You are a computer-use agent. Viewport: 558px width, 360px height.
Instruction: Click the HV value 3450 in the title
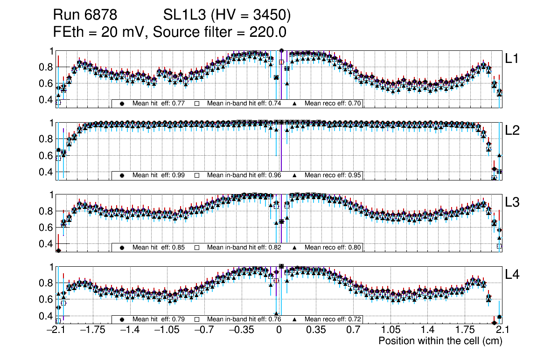click(x=272, y=15)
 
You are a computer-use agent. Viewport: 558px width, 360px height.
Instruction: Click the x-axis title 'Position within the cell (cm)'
click(x=440, y=341)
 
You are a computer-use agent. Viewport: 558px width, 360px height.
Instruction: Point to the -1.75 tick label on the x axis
click(x=93, y=330)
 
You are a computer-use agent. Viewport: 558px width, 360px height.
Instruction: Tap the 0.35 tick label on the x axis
click(x=315, y=330)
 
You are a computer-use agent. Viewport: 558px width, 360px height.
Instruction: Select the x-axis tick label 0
click(x=279, y=330)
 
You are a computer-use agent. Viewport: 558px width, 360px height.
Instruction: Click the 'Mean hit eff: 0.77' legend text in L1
click(x=159, y=103)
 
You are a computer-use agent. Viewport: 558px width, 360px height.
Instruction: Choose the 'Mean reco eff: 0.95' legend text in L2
click(x=333, y=175)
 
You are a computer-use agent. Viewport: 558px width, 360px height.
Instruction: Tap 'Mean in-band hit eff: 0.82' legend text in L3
click(x=244, y=247)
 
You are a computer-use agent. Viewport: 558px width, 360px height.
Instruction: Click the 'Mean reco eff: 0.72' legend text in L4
click(x=333, y=319)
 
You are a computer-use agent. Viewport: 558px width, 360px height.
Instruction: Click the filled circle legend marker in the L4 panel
click(x=122, y=319)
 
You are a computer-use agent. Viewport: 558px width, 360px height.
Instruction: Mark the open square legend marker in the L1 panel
click(x=197, y=103)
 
